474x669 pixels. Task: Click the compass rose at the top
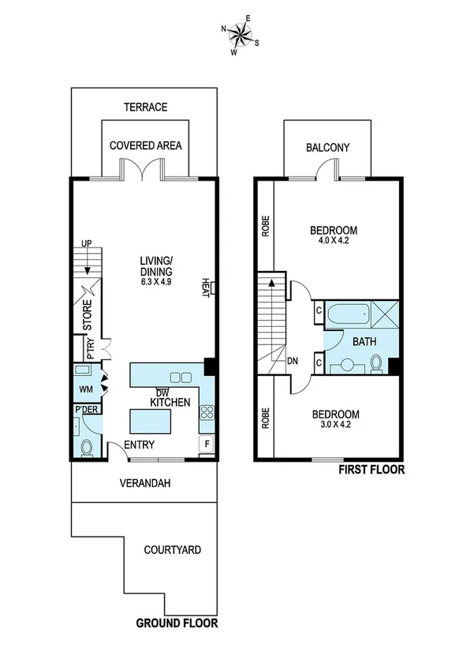(x=242, y=35)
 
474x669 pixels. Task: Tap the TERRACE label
(x=145, y=107)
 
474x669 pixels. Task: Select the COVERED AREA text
(x=146, y=146)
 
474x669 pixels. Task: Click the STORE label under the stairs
(x=88, y=315)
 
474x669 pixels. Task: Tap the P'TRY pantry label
(x=90, y=348)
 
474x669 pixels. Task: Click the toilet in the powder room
(x=87, y=448)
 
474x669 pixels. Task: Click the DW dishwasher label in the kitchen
(x=162, y=392)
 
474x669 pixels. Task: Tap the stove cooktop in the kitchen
(x=207, y=412)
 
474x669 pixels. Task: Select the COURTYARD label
(x=171, y=549)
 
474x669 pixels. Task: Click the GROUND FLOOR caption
(x=177, y=624)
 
